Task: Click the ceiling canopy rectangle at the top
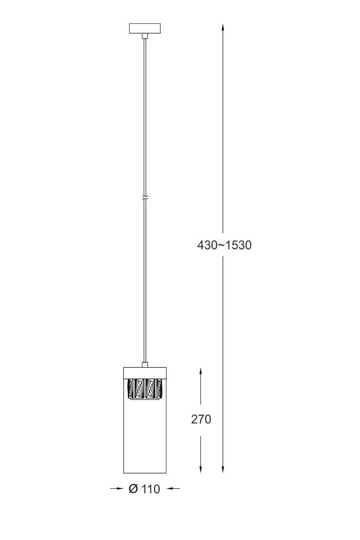point(145,28)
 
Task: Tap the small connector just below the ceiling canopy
point(145,36)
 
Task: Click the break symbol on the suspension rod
point(145,198)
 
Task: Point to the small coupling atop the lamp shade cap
point(145,364)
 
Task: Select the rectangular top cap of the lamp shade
point(145,373)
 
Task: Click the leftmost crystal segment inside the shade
point(130,389)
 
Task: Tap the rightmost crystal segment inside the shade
point(159,389)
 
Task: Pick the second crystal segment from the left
point(139,389)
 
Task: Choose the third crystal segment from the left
point(150,389)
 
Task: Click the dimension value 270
point(201,419)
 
